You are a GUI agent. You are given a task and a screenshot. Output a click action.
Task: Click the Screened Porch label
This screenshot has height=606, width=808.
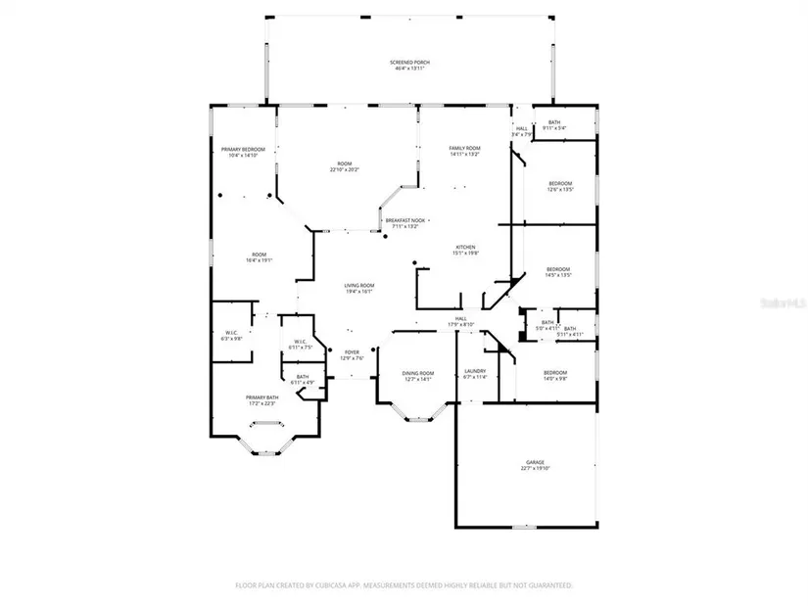tap(412, 63)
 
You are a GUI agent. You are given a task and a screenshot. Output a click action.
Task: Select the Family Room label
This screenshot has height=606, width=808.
tap(464, 148)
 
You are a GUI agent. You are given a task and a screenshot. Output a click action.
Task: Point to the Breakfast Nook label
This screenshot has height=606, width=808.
tap(404, 220)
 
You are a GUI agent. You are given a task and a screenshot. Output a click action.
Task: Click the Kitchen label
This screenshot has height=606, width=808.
tap(465, 246)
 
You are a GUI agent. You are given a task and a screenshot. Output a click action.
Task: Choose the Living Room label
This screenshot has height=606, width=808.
tap(358, 285)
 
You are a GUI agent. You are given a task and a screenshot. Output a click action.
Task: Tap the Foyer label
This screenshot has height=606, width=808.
tap(352, 352)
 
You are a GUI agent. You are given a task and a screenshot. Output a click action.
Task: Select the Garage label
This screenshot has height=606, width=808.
tap(535, 462)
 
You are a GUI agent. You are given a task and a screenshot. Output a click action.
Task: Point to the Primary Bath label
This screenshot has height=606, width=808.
tap(261, 396)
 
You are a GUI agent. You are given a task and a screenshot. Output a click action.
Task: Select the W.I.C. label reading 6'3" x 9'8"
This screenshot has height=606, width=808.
tap(231, 332)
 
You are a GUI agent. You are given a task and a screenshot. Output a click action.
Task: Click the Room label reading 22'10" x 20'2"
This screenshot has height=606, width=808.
tap(344, 164)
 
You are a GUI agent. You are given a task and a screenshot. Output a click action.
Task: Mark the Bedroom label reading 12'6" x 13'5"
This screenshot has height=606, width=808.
tap(559, 183)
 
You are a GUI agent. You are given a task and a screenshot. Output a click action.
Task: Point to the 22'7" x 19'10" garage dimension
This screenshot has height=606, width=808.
tap(535, 469)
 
